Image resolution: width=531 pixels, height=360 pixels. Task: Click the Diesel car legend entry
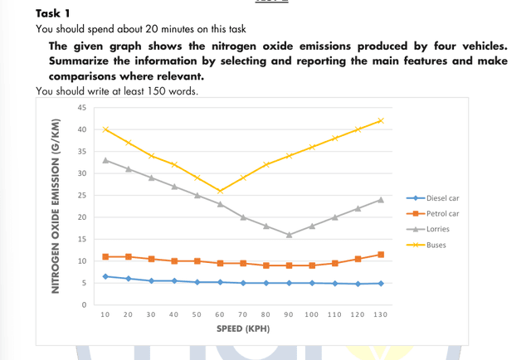point(441,198)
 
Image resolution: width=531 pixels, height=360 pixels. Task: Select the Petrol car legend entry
point(441,213)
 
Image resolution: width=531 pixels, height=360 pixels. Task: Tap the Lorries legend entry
point(436,229)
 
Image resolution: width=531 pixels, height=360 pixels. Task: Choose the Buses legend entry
point(434,245)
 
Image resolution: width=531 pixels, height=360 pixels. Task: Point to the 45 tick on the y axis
point(81,108)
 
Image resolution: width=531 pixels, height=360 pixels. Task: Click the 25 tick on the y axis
point(81,196)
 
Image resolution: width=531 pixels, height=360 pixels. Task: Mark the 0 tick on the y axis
point(84,305)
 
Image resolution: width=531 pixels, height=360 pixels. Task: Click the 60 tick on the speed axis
point(220,315)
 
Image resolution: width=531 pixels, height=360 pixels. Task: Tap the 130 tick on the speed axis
point(381,315)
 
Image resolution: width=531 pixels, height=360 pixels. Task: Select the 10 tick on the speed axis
point(105,315)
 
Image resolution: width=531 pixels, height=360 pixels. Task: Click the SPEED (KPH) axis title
point(242,329)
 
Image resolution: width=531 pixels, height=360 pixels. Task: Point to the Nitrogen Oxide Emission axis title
point(56,206)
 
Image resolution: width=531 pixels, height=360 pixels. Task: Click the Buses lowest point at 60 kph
point(220,191)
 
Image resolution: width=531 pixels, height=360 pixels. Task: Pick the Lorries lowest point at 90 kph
point(289,235)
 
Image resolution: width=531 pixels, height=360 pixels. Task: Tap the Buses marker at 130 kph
point(381,121)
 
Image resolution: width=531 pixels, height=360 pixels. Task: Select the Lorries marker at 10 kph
point(105,160)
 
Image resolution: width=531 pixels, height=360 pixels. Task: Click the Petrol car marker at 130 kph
point(381,255)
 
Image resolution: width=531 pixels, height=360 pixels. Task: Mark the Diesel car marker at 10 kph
point(105,276)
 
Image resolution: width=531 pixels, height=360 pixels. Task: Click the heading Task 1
point(55,14)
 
